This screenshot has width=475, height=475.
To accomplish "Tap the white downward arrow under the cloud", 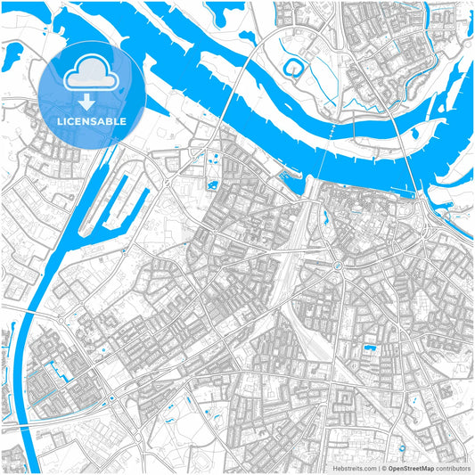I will click(x=86, y=105).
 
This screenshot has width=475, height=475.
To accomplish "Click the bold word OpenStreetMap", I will click(x=409, y=467).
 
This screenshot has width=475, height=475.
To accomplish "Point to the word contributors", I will click(x=453, y=467).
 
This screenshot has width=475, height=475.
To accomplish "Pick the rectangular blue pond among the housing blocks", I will click(x=368, y=344).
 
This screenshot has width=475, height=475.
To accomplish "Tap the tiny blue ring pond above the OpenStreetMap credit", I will click(x=403, y=449).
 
